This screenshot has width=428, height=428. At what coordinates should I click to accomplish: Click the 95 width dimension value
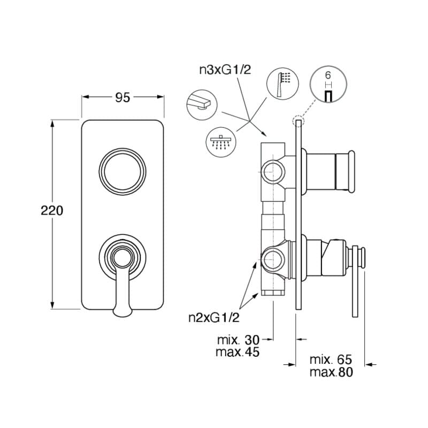tap(123, 97)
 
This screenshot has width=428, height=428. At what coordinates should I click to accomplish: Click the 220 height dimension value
tap(52, 210)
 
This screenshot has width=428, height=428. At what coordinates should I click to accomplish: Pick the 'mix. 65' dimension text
tap(331, 359)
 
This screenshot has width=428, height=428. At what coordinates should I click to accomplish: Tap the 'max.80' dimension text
tap(331, 372)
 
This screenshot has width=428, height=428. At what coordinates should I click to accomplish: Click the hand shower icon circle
tap(281, 83)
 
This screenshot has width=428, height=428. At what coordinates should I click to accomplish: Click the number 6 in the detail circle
tap(328, 76)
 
